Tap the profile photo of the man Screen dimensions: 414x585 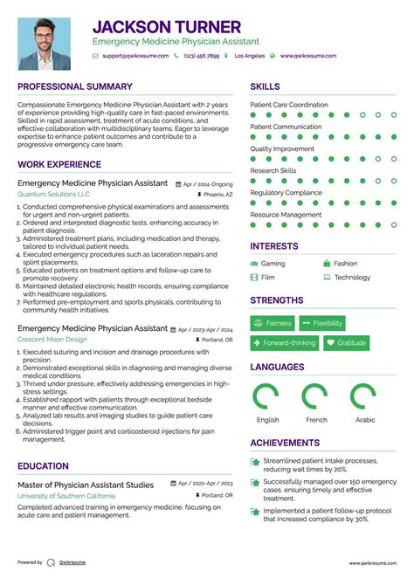pyautogui.click(x=44, y=43)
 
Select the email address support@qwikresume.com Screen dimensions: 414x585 pyautogui.click(x=134, y=56)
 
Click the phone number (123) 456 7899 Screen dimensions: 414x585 pyautogui.click(x=201, y=56)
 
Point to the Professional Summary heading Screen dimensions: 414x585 pyautogui.click(x=75, y=87)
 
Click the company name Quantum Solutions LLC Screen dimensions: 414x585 pyautogui.click(x=53, y=194)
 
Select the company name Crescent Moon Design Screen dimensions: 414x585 pyautogui.click(x=52, y=339)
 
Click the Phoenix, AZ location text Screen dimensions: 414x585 pyautogui.click(x=217, y=195)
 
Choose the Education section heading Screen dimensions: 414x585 pyautogui.click(x=43, y=466)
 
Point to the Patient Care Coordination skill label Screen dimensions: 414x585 pyautogui.click(x=289, y=105)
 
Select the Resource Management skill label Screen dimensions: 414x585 pyautogui.click(x=286, y=215)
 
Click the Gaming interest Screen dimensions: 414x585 pyautogui.click(x=273, y=263)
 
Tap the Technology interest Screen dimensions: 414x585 pyautogui.click(x=352, y=278)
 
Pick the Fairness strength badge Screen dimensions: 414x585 pyautogui.click(x=273, y=323)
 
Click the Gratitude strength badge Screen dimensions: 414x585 pyautogui.click(x=346, y=343)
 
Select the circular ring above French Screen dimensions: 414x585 pyautogui.click(x=316, y=397)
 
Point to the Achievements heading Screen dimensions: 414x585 pyautogui.click(x=285, y=443)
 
